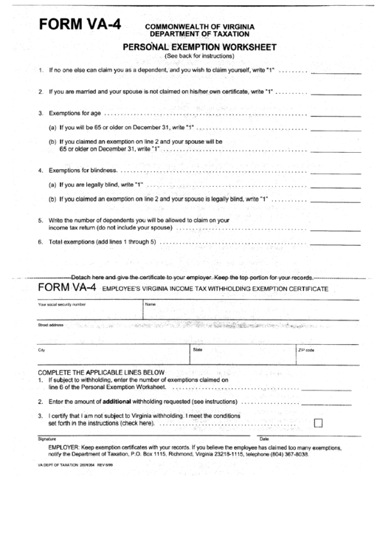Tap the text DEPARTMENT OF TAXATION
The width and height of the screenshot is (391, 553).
click(199, 34)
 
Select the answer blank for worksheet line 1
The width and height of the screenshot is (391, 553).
click(336, 72)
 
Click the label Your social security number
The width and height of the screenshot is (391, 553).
click(62, 303)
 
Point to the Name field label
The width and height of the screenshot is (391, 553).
click(150, 303)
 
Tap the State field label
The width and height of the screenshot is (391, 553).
click(198, 348)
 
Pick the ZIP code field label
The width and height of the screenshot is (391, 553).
click(305, 350)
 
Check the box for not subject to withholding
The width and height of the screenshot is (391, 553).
click(319, 424)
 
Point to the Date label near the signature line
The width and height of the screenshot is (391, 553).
click(263, 439)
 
